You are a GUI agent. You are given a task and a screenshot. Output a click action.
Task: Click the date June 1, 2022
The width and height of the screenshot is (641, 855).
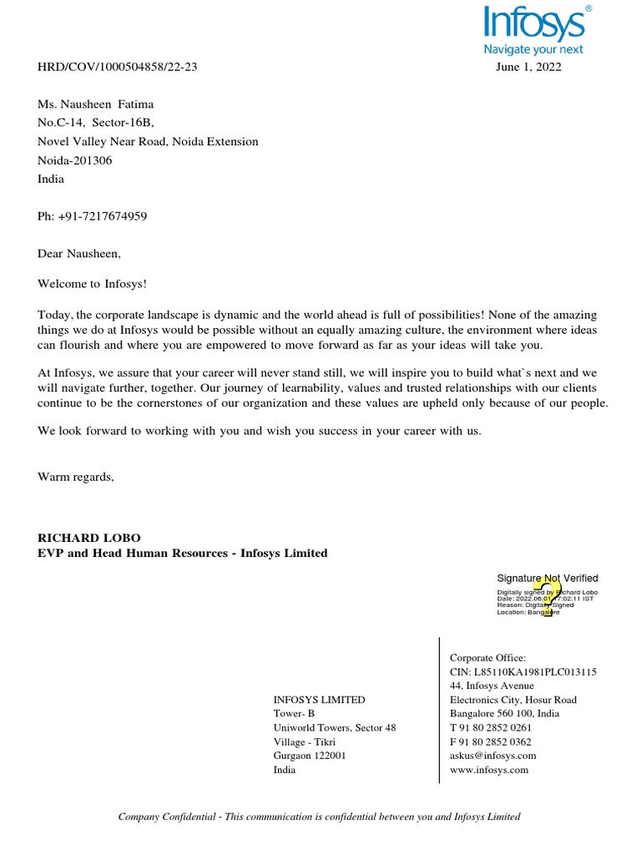pos(528,68)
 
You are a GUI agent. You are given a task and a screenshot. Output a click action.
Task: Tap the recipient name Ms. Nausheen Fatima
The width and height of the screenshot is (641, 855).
pos(96,104)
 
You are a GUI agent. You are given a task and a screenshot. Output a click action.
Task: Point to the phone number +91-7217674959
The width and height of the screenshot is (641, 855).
pos(93,216)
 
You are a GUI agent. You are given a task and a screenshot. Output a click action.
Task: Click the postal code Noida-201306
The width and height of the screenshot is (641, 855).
pos(75,160)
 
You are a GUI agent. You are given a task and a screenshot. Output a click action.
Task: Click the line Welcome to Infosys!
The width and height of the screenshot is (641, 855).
pos(92,284)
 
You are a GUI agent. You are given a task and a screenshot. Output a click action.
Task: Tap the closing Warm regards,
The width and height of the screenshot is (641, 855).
pos(76,477)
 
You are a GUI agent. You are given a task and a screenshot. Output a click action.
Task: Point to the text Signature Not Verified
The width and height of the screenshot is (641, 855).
pos(548,578)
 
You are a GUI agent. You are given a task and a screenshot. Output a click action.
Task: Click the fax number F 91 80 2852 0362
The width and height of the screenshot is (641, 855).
pos(491,741)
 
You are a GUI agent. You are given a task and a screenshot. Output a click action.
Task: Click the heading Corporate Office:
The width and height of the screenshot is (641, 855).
pos(488,658)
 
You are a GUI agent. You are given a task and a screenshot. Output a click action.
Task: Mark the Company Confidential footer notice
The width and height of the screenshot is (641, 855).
pos(320,817)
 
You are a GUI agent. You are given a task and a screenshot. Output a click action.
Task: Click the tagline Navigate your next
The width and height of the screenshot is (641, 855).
pos(534,50)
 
